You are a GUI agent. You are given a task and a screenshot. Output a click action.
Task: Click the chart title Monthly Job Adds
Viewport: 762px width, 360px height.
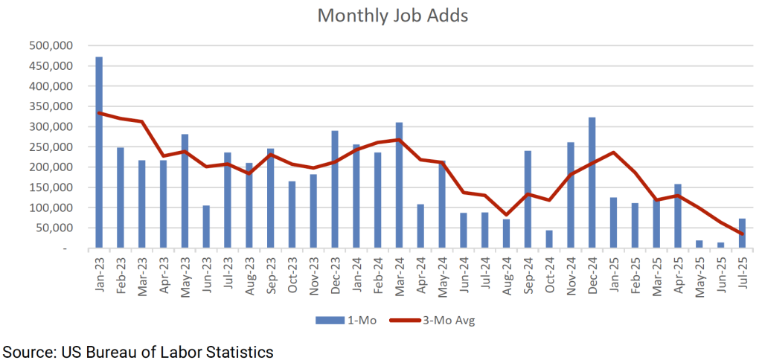[x=392, y=16]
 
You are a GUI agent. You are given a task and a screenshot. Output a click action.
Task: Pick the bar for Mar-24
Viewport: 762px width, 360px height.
[x=399, y=185]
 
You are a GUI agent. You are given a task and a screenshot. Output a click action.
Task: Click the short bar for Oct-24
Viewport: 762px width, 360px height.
[x=549, y=240]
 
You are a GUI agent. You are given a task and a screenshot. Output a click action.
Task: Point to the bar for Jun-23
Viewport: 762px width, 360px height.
[x=206, y=227]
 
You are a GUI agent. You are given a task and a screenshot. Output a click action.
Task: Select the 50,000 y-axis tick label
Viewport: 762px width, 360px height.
[x=57, y=228]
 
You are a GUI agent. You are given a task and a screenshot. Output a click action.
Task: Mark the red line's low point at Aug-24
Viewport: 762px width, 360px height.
[x=506, y=214]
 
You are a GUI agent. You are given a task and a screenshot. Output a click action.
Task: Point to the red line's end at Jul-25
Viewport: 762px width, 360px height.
[x=743, y=234]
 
